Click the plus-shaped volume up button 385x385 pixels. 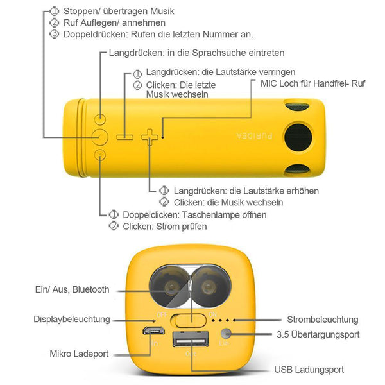pyautogui.click(x=150, y=137)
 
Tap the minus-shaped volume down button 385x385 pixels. pyautogui.click(x=124, y=137)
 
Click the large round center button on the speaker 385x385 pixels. pyautogui.click(x=100, y=137)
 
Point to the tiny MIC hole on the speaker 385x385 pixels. pyautogui.click(x=162, y=137)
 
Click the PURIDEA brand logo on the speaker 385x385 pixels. pyautogui.click(x=254, y=136)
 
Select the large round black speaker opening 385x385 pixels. pyautogui.click(x=298, y=137)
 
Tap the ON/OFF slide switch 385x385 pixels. pyautogui.click(x=189, y=320)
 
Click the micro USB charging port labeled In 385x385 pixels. pyautogui.click(x=154, y=330)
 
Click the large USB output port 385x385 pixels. pyautogui.click(x=191, y=339)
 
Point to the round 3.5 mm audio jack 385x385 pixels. pyautogui.click(x=226, y=334)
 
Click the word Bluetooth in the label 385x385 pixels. pyautogui.click(x=91, y=289)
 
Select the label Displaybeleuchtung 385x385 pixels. pyautogui.click(x=72, y=319)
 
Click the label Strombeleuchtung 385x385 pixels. pyautogui.click(x=323, y=320)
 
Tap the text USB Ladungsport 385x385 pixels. pyautogui.click(x=309, y=370)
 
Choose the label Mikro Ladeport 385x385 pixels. pyautogui.click(x=79, y=354)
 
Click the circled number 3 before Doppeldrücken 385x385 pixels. pyautogui.click(x=55, y=34)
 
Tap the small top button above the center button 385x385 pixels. pyautogui.click(x=100, y=119)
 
